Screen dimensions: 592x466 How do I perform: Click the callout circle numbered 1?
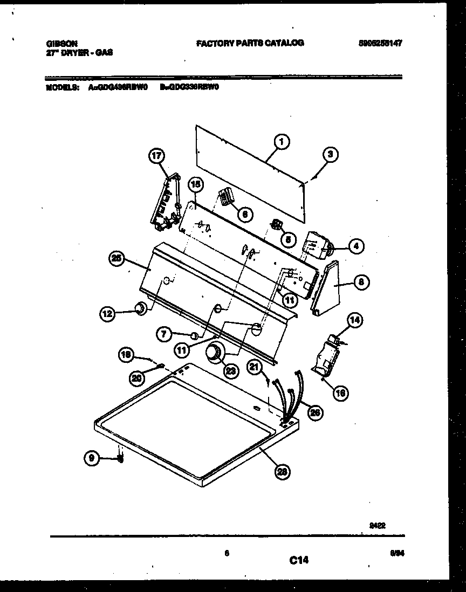click(281, 142)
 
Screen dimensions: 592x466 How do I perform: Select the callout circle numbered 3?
click(331, 154)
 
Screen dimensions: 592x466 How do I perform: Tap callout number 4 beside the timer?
click(355, 247)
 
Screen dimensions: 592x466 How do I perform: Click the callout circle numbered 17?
click(156, 156)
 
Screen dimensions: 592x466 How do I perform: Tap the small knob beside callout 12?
click(140, 308)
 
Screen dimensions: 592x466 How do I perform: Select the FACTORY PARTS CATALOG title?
click(250, 43)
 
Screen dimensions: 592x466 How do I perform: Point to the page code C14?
click(298, 561)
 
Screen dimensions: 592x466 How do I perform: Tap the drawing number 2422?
click(378, 522)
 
